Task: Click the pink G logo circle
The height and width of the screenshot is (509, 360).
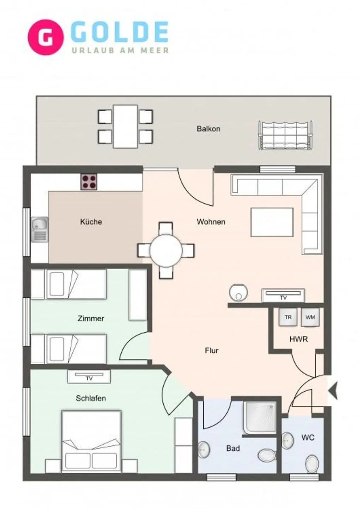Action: click(46, 37)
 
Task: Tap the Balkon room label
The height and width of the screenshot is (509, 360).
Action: click(208, 129)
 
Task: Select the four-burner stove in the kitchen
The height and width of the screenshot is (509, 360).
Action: click(89, 182)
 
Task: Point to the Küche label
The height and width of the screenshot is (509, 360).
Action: click(91, 222)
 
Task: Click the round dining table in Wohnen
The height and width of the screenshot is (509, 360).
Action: click(166, 250)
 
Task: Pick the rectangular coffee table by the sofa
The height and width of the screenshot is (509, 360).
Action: click(272, 222)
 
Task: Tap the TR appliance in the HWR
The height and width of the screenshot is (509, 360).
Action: click(288, 317)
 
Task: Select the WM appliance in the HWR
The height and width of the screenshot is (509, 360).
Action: click(310, 317)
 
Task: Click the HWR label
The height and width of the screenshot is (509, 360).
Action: click(298, 339)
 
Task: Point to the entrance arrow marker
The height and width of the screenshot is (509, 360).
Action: click(333, 391)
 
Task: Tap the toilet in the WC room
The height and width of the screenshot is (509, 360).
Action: click(312, 463)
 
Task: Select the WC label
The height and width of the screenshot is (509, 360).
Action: click(308, 438)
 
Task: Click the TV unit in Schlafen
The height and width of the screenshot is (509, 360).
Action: click(89, 376)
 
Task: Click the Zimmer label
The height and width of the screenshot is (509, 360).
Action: click(91, 318)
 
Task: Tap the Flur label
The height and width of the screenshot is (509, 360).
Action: click(211, 351)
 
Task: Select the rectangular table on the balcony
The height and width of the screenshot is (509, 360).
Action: click(125, 126)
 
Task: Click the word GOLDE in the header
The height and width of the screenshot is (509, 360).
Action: click(120, 32)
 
